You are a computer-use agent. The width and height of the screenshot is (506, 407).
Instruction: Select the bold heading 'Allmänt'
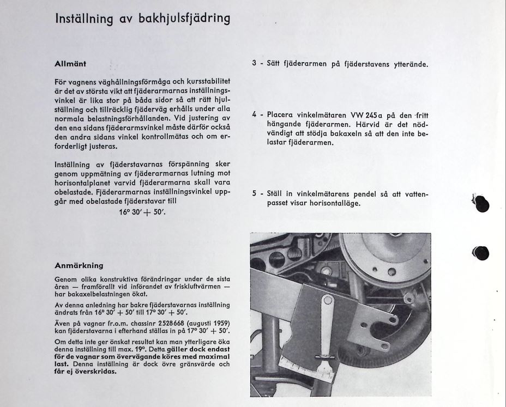[x=70, y=64]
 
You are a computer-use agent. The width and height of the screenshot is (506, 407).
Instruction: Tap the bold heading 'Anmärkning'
[x=79, y=265]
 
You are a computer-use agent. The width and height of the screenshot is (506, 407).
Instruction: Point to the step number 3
[x=254, y=64]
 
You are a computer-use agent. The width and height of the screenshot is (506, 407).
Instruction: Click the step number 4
[x=254, y=115]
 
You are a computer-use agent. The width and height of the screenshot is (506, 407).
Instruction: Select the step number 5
[x=254, y=194]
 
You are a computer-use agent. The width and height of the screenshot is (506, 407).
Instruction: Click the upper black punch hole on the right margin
[x=481, y=203]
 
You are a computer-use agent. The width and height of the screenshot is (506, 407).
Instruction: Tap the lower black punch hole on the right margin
[x=481, y=253]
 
